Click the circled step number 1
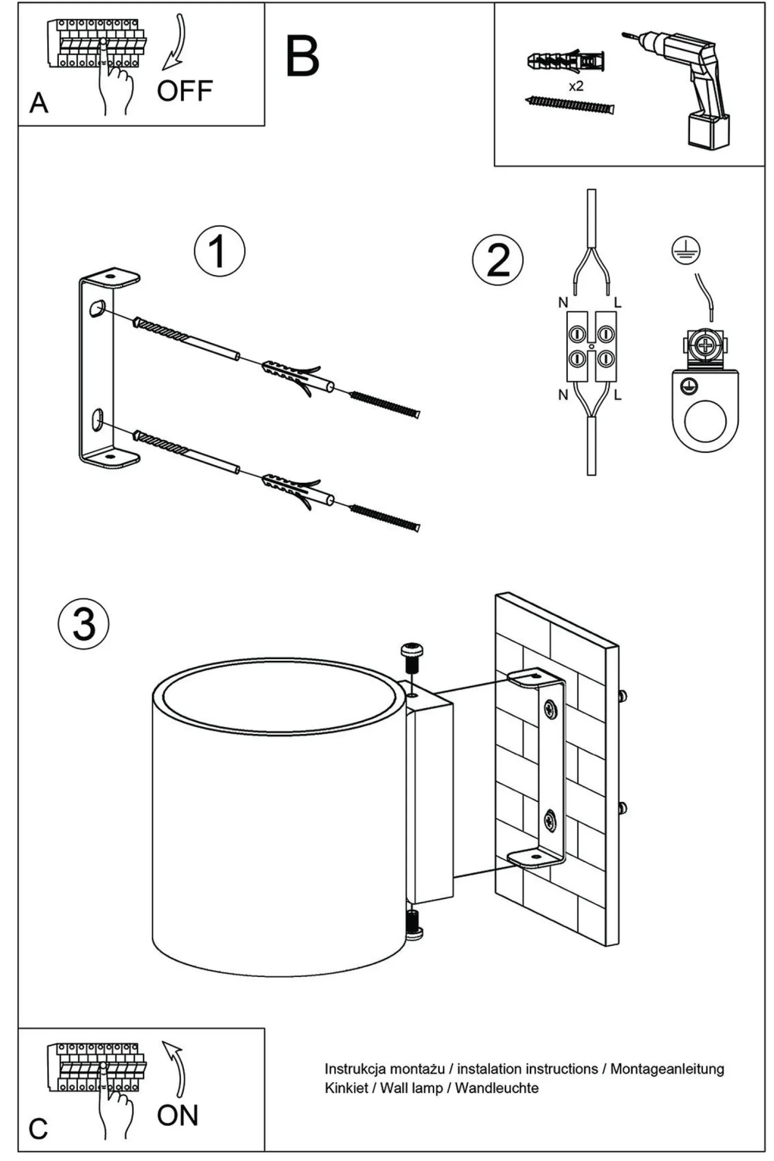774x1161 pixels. click(220, 251)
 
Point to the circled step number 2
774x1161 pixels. click(498, 260)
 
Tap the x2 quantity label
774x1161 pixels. click(576, 86)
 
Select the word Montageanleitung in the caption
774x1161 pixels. click(667, 1068)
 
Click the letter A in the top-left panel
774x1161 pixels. click(39, 104)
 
